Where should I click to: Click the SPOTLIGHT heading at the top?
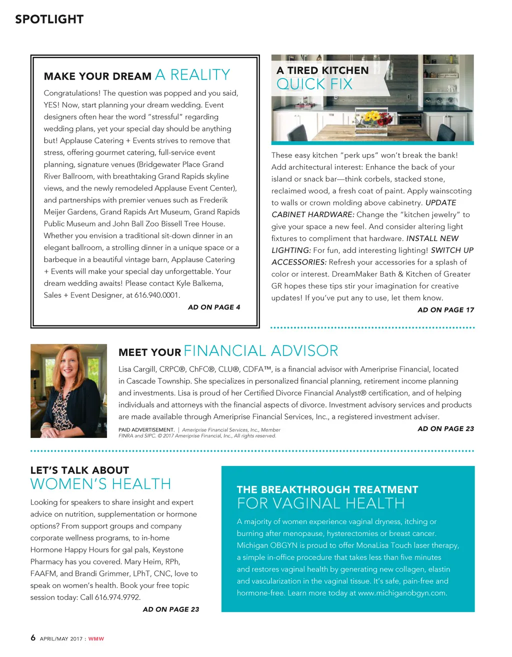click(x=49, y=19)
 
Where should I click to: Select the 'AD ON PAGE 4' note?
click(x=213, y=307)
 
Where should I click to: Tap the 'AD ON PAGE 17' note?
click(x=445, y=310)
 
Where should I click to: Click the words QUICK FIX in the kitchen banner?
click(x=314, y=84)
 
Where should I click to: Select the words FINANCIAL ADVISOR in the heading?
click(x=260, y=351)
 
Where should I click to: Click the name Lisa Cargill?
click(x=137, y=369)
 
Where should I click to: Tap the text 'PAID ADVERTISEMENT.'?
click(x=146, y=430)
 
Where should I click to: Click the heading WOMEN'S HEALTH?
click(x=100, y=484)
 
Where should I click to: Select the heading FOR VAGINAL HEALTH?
click(x=320, y=503)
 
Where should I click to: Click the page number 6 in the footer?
click(x=33, y=637)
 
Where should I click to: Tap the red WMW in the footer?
click(x=96, y=639)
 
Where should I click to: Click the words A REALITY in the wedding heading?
click(x=192, y=75)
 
